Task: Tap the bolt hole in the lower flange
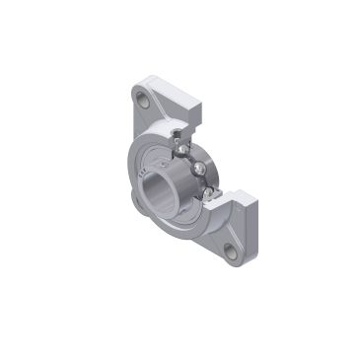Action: tap(231, 251)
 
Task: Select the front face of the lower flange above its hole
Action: tap(225, 229)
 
